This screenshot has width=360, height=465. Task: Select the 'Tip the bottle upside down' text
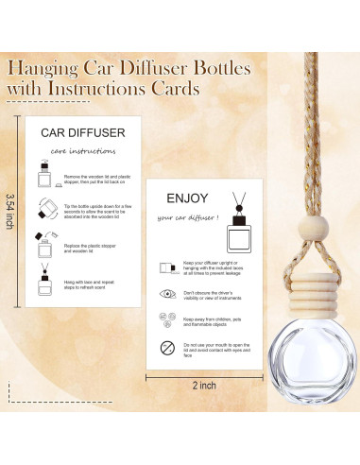[99, 214]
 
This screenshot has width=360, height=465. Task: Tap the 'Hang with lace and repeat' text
[94, 284]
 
